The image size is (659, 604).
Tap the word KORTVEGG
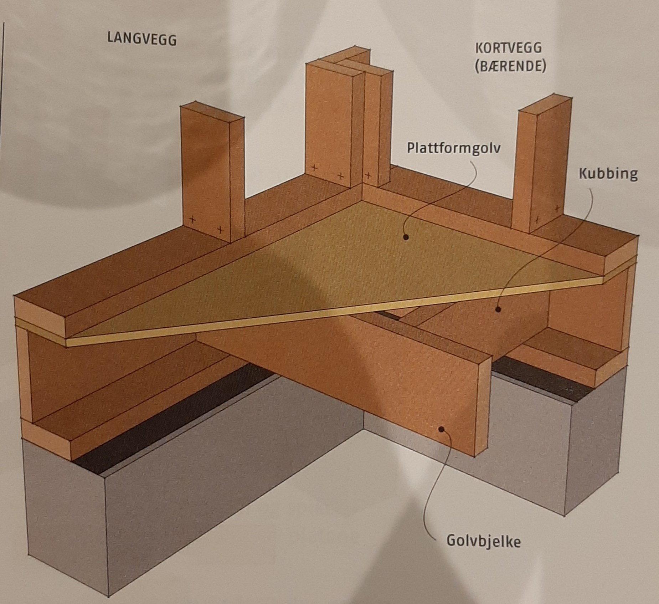508,48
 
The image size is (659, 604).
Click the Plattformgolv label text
453,148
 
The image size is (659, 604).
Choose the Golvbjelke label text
483,541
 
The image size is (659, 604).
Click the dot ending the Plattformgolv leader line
405,237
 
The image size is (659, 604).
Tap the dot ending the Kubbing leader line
498,309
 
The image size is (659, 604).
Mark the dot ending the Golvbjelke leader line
442,429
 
